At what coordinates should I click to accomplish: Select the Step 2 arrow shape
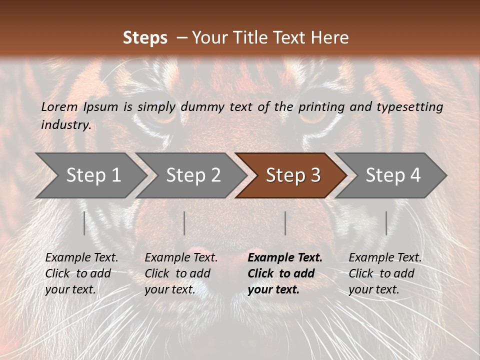click(x=193, y=175)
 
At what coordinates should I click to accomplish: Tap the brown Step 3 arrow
click(x=293, y=175)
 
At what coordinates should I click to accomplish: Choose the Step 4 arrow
click(x=393, y=175)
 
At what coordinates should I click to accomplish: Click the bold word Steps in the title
click(x=145, y=37)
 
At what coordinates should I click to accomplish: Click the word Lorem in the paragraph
click(x=59, y=106)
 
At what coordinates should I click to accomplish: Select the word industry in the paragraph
click(x=66, y=125)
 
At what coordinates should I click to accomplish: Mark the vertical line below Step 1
click(x=84, y=223)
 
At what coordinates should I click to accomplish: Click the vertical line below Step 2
click(x=184, y=223)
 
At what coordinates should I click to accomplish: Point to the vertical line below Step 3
click(x=285, y=223)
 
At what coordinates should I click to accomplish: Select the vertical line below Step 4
click(x=386, y=223)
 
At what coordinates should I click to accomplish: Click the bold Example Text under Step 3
click(x=285, y=258)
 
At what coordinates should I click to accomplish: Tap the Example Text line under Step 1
click(x=81, y=258)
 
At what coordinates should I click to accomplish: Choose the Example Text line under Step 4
click(x=385, y=258)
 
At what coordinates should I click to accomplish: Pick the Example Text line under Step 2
click(x=181, y=258)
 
